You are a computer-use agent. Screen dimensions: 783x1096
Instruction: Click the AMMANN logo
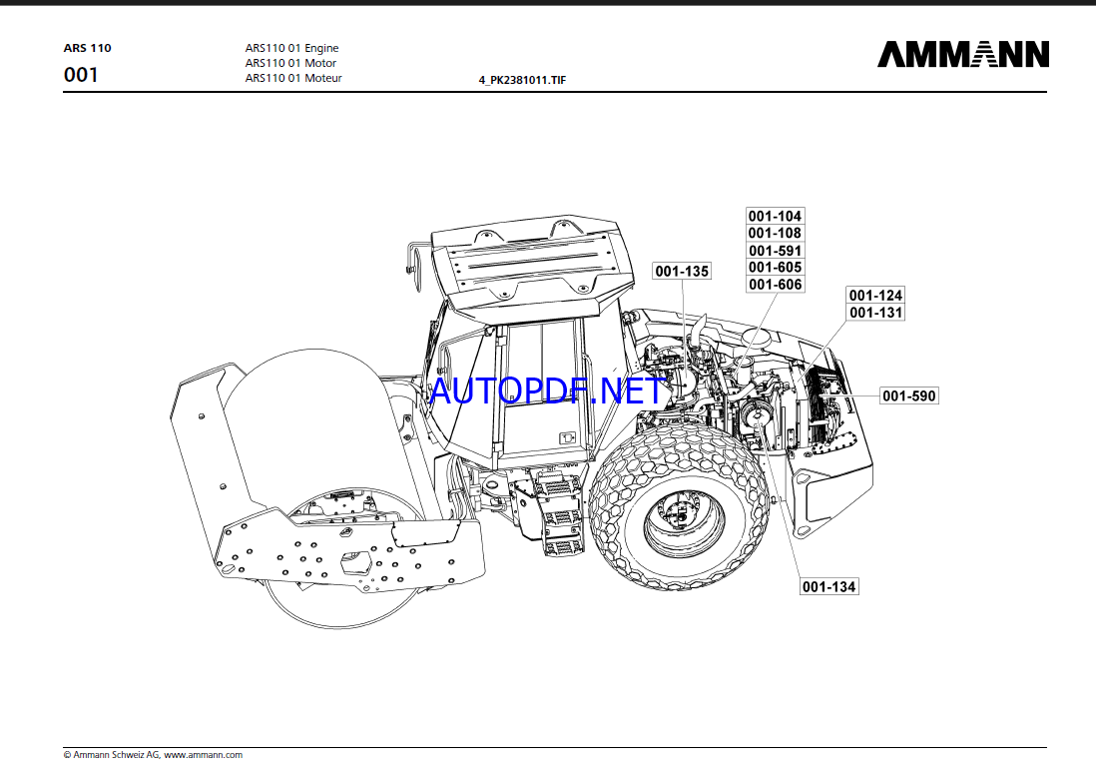tap(963, 54)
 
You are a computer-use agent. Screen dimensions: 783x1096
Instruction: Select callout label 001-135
tap(682, 271)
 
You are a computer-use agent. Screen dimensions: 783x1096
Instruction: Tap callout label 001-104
tap(776, 216)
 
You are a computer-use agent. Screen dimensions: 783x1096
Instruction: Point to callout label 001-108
tap(776, 233)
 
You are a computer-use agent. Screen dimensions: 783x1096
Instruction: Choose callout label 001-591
tap(776, 251)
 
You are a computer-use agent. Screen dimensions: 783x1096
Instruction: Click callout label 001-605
tap(776, 268)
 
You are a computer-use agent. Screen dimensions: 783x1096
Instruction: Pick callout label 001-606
tap(776, 285)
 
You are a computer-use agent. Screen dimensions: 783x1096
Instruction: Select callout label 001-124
tap(875, 295)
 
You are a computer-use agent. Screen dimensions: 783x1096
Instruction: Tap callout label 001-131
tap(875, 313)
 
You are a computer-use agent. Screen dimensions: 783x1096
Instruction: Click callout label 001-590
tap(909, 396)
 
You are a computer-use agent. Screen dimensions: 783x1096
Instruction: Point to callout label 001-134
tap(829, 586)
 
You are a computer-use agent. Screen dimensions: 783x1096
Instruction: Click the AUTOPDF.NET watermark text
tap(547, 391)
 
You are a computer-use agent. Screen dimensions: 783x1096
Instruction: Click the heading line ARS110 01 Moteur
tap(293, 78)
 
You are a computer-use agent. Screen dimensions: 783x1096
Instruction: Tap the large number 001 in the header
tap(81, 75)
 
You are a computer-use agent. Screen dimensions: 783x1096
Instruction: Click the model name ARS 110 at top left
tap(88, 48)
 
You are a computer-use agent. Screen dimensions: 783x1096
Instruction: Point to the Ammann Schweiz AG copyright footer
tap(153, 755)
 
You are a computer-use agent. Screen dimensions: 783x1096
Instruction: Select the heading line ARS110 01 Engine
tap(291, 48)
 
